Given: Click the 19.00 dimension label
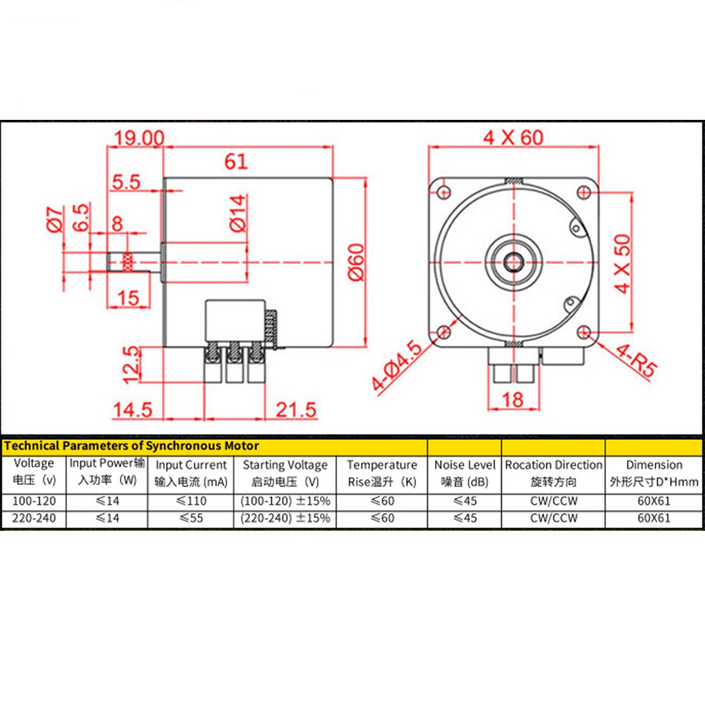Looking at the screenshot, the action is click(x=139, y=138).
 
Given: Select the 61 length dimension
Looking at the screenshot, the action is click(x=236, y=161).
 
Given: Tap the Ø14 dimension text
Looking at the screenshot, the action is click(x=238, y=213).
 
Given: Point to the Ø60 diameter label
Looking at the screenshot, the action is click(x=357, y=262).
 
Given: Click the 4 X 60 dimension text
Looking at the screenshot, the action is click(x=513, y=137).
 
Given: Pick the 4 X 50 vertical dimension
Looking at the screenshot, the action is click(x=623, y=264).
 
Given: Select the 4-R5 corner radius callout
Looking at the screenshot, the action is click(x=636, y=360).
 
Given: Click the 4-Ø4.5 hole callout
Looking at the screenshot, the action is click(x=396, y=365).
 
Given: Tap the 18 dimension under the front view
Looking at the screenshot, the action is click(x=513, y=400).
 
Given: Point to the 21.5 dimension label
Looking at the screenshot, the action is click(x=296, y=410).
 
